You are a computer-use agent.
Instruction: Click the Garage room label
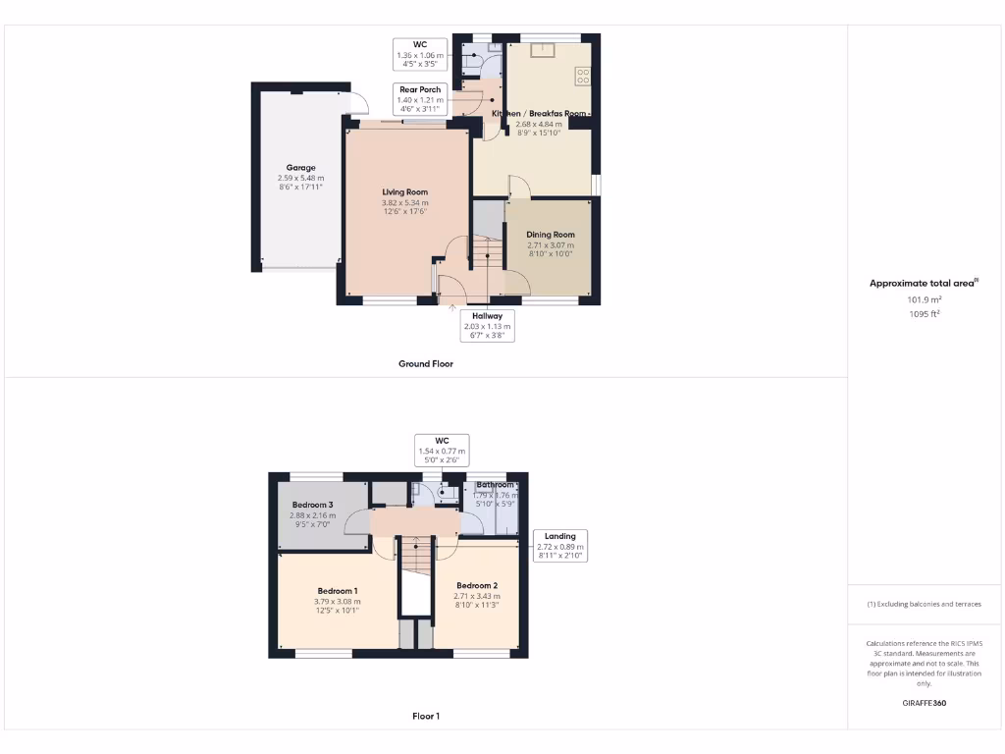pos(300,168)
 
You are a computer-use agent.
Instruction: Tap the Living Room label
pos(404,192)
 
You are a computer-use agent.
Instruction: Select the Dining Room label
pos(550,235)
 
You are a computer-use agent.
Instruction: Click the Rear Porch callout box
pos(420,99)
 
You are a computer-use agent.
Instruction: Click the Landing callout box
pos(559,545)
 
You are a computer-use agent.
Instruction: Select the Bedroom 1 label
pos(337,591)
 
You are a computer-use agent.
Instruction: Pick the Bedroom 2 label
pos(477,586)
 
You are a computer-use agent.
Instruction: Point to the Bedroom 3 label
pos(312,505)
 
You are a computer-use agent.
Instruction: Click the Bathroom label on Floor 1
pos(495,485)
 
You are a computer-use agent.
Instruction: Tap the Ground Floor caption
pos(425,364)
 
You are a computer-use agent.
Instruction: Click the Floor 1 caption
pos(425,717)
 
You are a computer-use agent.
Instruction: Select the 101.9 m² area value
pos(924,299)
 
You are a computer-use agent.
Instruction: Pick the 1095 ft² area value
pos(924,314)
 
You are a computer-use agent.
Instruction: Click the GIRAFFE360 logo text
pos(924,703)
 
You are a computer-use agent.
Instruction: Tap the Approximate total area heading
pos(924,284)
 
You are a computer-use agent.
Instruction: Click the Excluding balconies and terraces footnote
pos(924,604)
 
